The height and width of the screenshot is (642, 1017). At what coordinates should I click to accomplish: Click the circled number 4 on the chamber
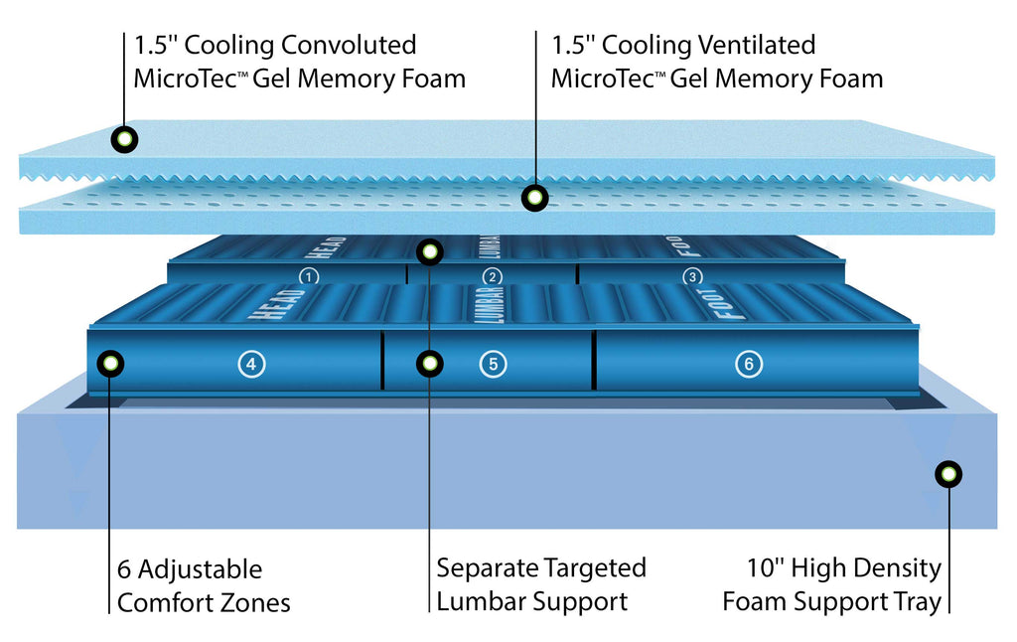tap(251, 364)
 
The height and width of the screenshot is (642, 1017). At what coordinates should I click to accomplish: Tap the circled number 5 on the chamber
tap(493, 364)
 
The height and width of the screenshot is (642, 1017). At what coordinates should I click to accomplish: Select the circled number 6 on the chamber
tap(749, 364)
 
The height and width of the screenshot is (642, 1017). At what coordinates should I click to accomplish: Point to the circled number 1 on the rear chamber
tap(309, 277)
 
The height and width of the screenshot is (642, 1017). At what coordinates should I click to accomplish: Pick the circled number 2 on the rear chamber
tap(493, 277)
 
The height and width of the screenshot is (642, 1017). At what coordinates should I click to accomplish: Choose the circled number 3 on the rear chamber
tap(692, 276)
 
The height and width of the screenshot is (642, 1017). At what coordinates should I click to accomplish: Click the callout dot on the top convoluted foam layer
tap(124, 139)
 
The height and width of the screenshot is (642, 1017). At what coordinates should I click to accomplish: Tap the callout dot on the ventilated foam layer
tap(535, 198)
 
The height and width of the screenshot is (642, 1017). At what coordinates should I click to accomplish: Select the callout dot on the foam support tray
tap(948, 474)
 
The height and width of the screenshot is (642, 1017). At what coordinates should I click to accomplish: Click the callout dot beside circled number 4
tap(110, 364)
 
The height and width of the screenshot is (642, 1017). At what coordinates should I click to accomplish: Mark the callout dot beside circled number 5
tap(429, 364)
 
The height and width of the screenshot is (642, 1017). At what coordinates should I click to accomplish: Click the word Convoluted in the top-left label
tap(349, 45)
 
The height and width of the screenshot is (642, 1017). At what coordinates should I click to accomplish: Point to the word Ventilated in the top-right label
tap(757, 45)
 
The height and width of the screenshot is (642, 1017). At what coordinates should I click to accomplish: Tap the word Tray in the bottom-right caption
tap(918, 602)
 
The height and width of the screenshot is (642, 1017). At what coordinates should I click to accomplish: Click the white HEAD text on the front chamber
tap(277, 304)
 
